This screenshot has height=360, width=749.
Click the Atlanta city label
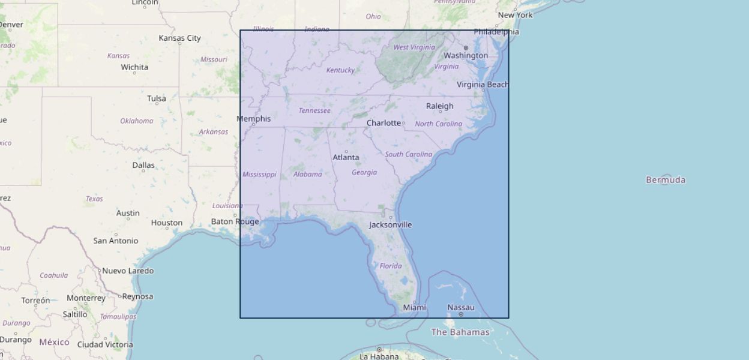(x=346, y=158)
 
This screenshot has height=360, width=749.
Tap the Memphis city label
(x=253, y=119)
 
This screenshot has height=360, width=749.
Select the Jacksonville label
(x=390, y=225)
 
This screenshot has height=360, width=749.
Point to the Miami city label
(x=414, y=308)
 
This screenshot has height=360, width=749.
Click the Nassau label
(x=461, y=308)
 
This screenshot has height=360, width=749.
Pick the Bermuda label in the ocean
(x=666, y=180)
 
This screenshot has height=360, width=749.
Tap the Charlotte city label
(x=384, y=123)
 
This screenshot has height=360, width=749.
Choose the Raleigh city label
(x=440, y=106)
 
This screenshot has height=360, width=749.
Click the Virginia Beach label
(x=483, y=85)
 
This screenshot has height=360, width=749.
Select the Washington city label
(x=466, y=55)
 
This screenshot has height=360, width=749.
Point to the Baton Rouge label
(x=235, y=221)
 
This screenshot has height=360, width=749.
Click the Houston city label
(x=167, y=223)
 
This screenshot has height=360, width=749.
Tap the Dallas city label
(x=143, y=165)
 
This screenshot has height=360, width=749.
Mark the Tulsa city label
(x=157, y=98)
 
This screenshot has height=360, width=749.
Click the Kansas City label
(x=179, y=38)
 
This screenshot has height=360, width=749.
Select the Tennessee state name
(x=314, y=110)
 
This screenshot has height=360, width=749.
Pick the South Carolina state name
(x=408, y=154)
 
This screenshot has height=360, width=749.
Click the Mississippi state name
(x=259, y=175)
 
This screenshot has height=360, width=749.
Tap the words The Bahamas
(x=460, y=332)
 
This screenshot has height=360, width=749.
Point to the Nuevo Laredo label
(x=128, y=271)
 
